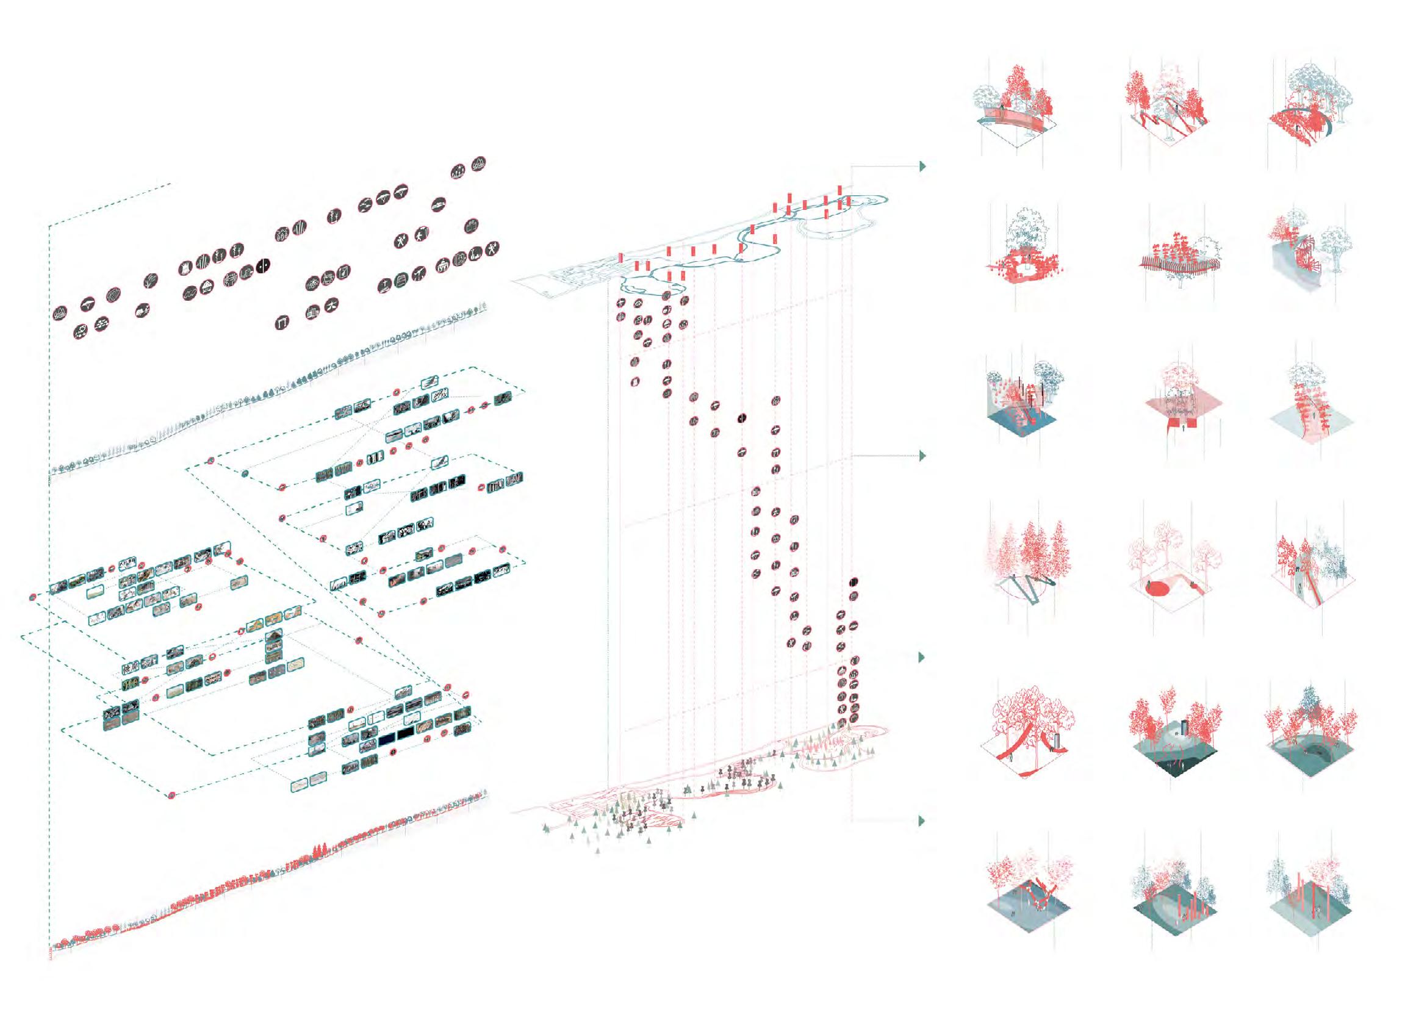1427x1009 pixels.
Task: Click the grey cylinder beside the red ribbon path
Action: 1055,742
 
